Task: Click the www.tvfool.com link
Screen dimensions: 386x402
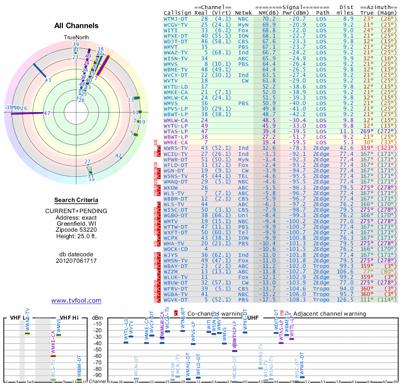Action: (x=76, y=301)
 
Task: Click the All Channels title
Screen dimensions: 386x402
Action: (x=76, y=26)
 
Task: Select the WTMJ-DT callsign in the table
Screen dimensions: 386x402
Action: (x=176, y=19)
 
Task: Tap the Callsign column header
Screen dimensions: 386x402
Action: (x=177, y=12)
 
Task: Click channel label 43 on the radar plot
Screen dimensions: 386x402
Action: (x=48, y=80)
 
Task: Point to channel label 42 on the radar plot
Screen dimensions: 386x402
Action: (x=119, y=156)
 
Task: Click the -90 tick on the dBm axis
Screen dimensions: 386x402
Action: (x=98, y=375)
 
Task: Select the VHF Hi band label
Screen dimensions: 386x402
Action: (x=68, y=318)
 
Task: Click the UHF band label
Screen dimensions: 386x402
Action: (x=254, y=318)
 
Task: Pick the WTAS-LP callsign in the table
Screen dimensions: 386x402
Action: (x=176, y=131)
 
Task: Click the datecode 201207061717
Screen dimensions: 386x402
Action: (x=76, y=260)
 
